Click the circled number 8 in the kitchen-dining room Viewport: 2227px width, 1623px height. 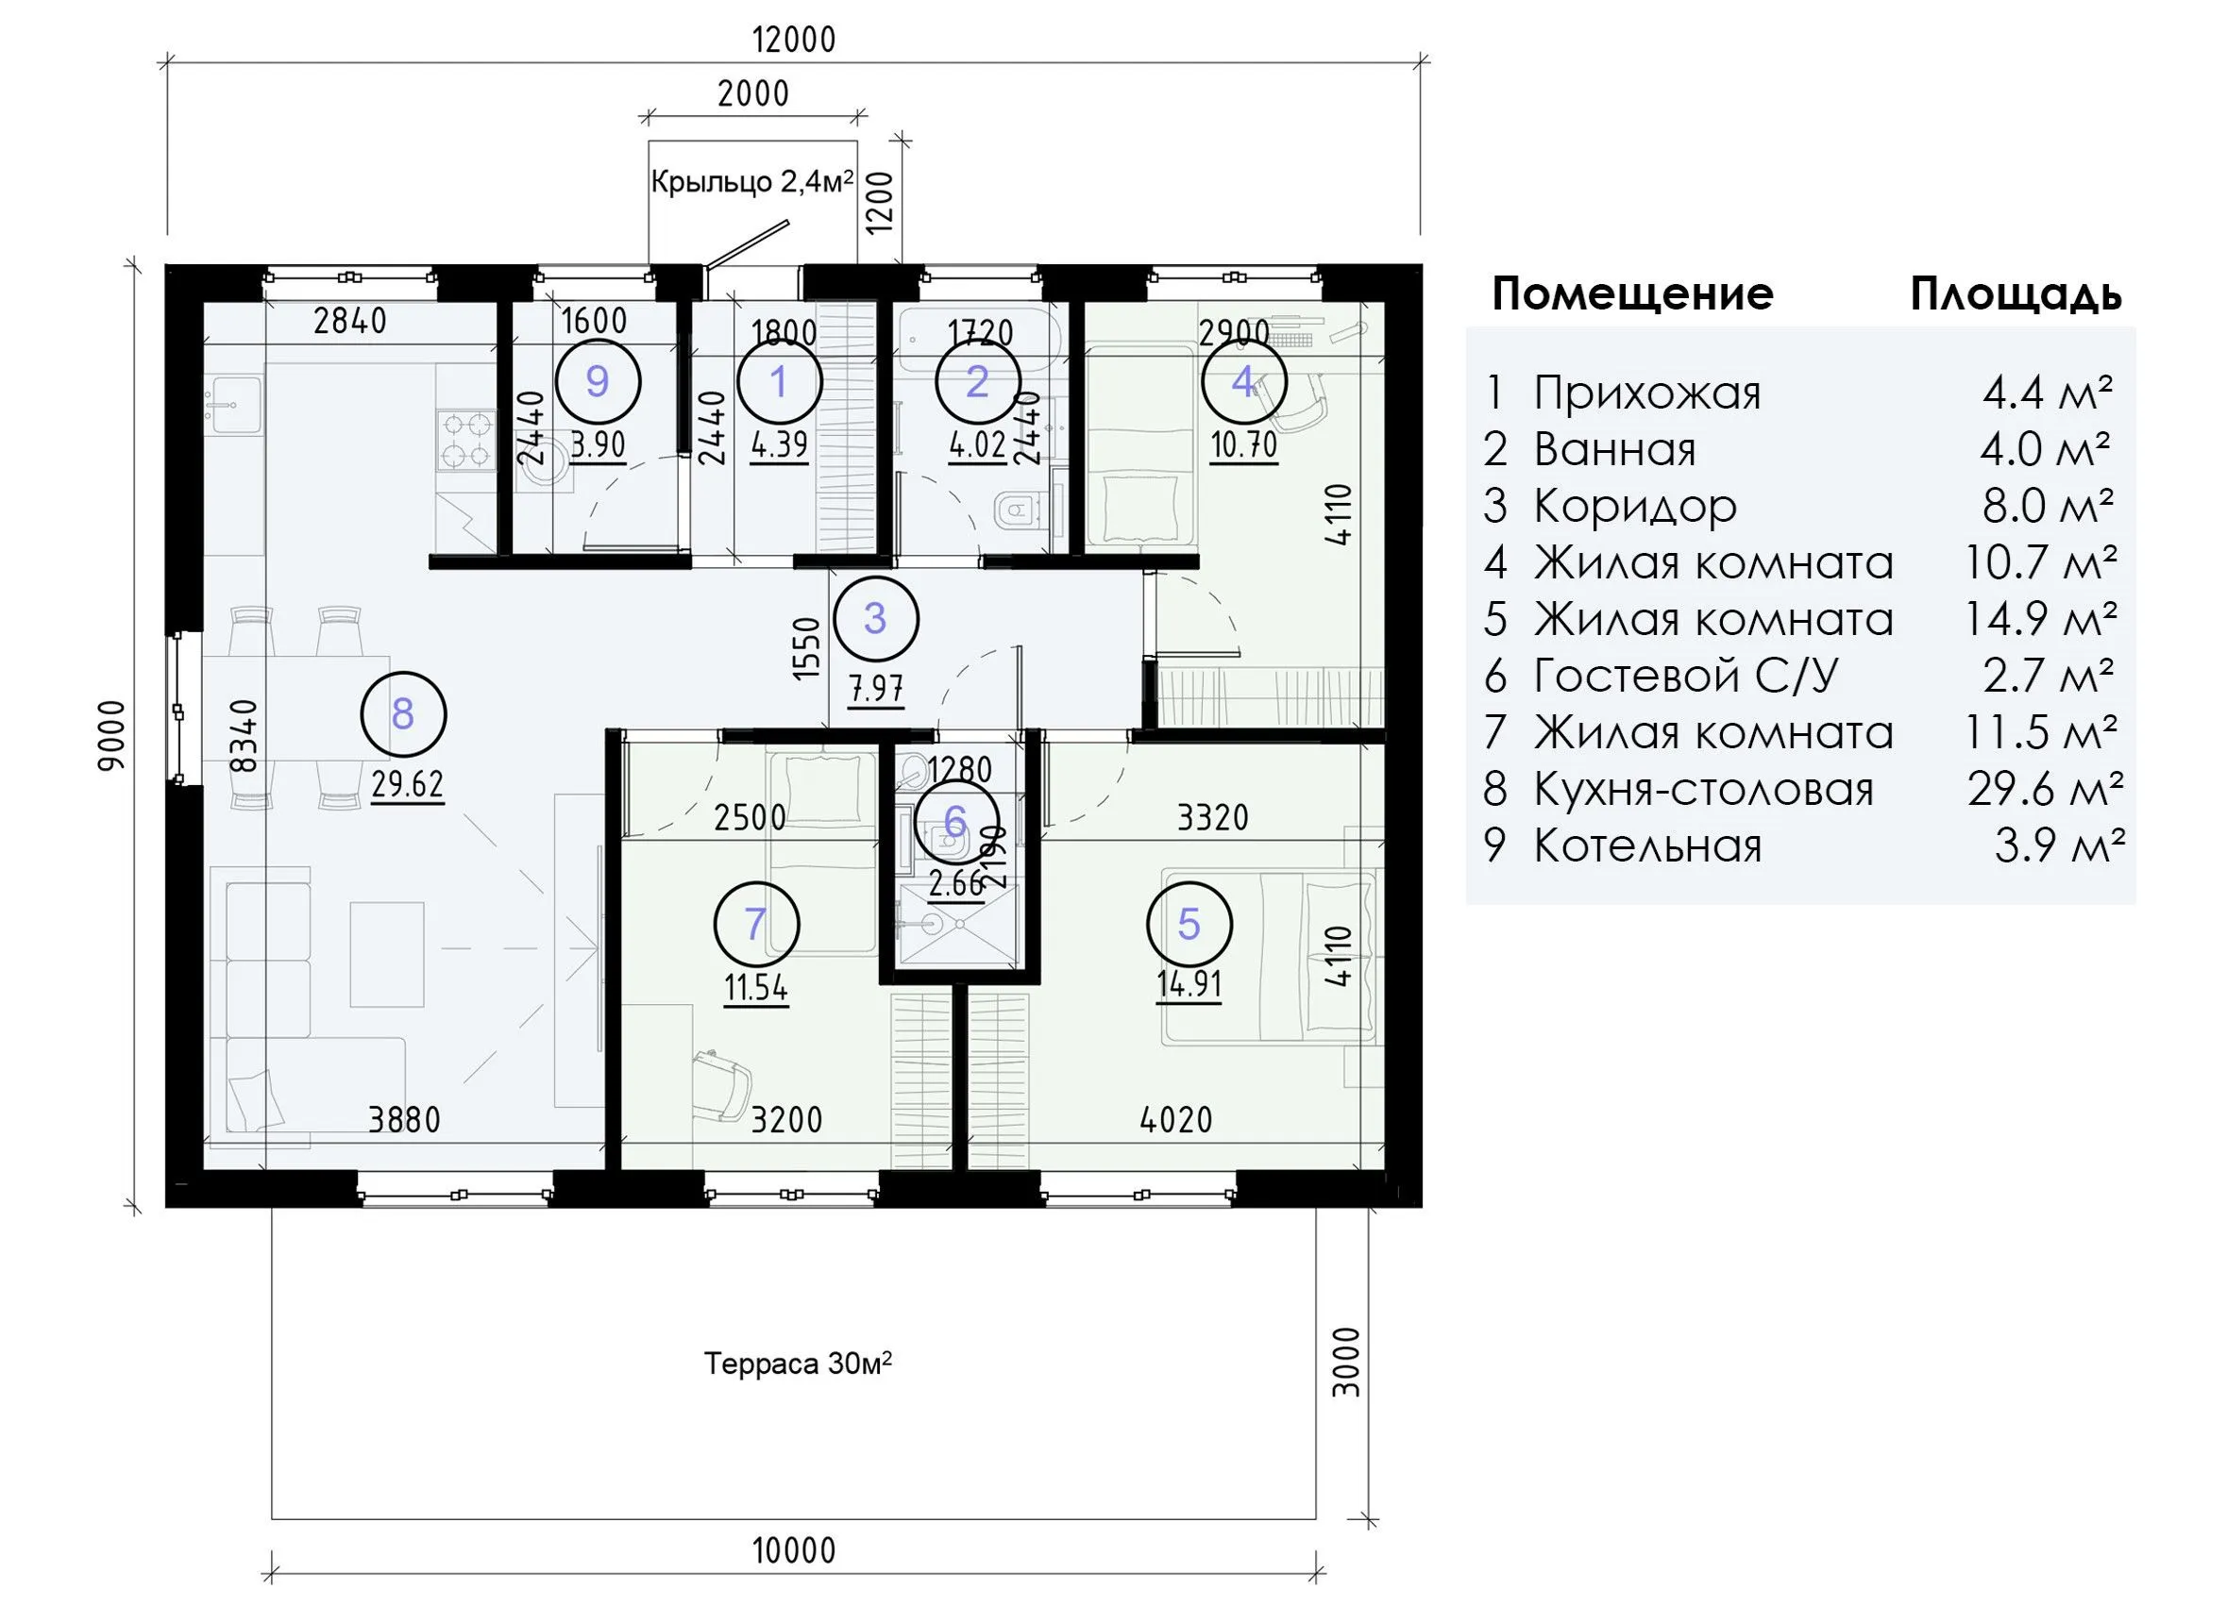(x=403, y=715)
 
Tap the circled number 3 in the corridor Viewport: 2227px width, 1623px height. (x=875, y=619)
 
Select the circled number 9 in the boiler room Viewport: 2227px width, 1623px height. (x=597, y=381)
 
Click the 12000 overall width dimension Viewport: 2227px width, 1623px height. (x=793, y=41)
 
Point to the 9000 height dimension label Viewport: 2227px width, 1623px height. (x=112, y=735)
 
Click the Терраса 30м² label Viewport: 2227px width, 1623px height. (x=798, y=1364)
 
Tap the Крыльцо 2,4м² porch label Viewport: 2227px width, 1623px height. (x=751, y=182)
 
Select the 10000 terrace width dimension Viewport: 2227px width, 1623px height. (x=794, y=1550)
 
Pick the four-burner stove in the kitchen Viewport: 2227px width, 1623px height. (x=465, y=441)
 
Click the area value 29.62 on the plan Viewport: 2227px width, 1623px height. (x=408, y=785)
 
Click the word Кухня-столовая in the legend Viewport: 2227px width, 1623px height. (x=1703, y=790)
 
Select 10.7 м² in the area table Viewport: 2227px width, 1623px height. (x=2039, y=563)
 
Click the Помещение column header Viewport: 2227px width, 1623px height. (x=1632, y=293)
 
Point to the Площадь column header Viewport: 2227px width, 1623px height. (x=2016, y=293)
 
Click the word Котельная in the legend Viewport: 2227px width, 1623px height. (x=1647, y=845)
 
